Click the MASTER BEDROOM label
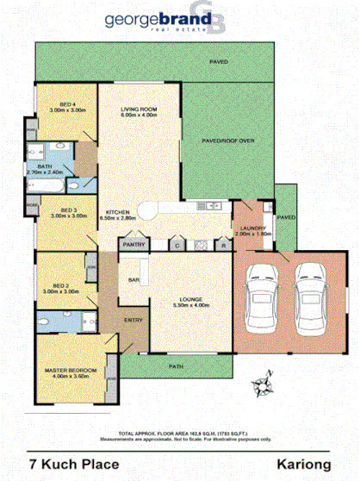click(70, 371)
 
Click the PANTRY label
click(133, 245)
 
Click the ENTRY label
click(134, 320)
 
